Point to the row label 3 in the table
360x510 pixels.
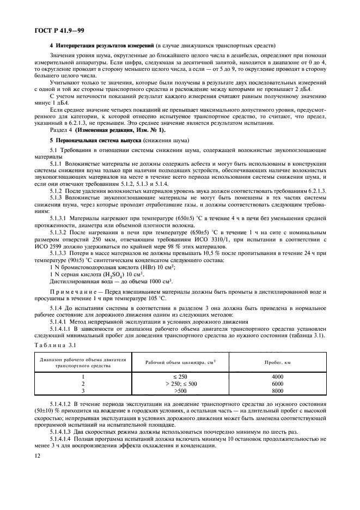tap(83, 391)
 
